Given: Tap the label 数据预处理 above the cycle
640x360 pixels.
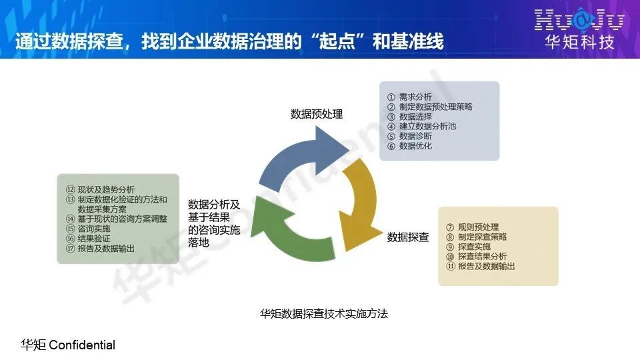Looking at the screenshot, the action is pyautogui.click(x=317, y=114).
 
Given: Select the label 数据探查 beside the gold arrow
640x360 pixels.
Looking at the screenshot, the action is pyautogui.click(x=408, y=237).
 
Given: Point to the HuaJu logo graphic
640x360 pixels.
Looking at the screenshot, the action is pyautogui.click(x=579, y=20).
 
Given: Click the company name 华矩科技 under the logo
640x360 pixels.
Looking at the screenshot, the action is pyautogui.click(x=579, y=42).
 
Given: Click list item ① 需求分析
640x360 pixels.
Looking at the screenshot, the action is pyautogui.click(x=409, y=97).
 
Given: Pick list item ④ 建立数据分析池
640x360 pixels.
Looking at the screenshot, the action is pyautogui.click(x=421, y=126).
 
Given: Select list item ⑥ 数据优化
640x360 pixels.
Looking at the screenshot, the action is pyautogui.click(x=409, y=146).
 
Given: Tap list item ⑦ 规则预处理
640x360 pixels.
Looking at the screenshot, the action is pyautogui.click(x=472, y=227).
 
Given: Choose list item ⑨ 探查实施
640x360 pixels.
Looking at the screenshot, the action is pyautogui.click(x=468, y=247).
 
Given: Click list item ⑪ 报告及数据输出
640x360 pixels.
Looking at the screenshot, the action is pyautogui.click(x=481, y=266).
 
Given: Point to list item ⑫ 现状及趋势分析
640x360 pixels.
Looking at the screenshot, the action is pyautogui.click(x=100, y=189).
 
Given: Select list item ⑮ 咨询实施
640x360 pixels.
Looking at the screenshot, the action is pyautogui.click(x=88, y=229).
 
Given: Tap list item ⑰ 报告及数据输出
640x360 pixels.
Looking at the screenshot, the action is pyautogui.click(x=100, y=248).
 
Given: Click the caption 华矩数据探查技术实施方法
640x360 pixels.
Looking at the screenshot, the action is pyautogui.click(x=324, y=313).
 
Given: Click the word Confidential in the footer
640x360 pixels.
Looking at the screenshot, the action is pyautogui.click(x=82, y=345).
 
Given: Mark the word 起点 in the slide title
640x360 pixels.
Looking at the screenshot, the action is pyautogui.click(x=337, y=41).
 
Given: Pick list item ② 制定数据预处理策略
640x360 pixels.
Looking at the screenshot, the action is pyautogui.click(x=430, y=107).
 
